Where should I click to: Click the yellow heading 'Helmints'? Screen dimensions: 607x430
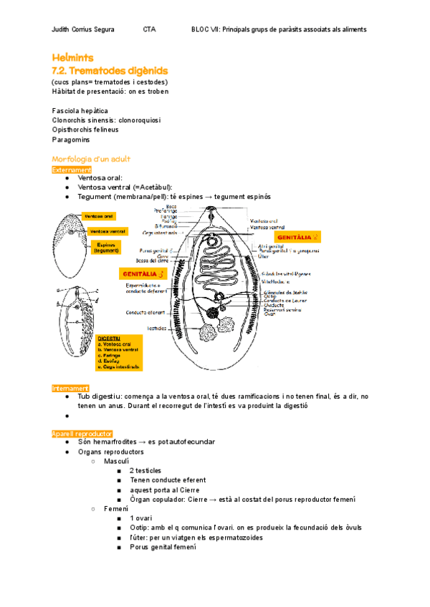click(x=72, y=57)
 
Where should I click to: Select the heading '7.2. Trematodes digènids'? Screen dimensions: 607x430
click(x=110, y=70)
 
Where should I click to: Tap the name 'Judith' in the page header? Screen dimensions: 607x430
click(x=63, y=29)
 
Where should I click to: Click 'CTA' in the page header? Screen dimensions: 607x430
click(x=149, y=29)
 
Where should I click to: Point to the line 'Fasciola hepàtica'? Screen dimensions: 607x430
click(x=80, y=111)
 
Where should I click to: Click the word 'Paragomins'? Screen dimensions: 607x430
click(x=71, y=140)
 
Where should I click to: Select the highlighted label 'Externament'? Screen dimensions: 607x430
click(x=72, y=170)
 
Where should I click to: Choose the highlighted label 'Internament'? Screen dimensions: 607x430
click(x=70, y=388)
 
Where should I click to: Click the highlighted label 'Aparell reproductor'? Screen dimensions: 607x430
click(x=82, y=434)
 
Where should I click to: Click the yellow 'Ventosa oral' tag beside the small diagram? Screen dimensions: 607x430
click(x=98, y=215)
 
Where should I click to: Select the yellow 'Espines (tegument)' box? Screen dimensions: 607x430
click(x=106, y=247)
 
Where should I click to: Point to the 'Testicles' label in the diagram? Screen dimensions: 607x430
click(x=158, y=329)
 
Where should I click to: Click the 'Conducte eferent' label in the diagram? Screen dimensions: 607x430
click(x=145, y=312)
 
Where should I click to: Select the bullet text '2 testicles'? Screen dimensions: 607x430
click(x=145, y=470)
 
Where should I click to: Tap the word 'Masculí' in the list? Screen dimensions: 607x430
click(x=117, y=461)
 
